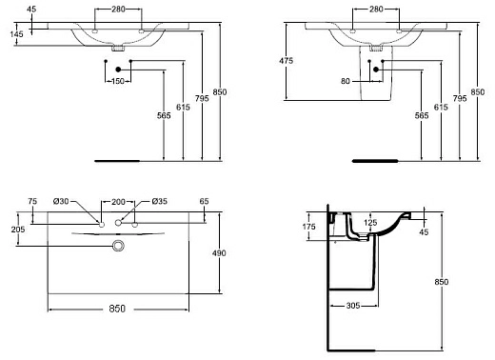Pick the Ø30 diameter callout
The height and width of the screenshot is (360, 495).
coord(61,202)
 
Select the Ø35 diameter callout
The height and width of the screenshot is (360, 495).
coord(159,202)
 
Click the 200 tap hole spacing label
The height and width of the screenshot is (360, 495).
coord(119,202)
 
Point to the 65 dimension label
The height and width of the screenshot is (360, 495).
coord(204,202)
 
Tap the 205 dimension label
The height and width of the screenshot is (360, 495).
coord(17,230)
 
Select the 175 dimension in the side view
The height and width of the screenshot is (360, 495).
coord(308,226)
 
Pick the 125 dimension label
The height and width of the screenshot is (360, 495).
coord(372,223)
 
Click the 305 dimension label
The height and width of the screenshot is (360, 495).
coord(353,306)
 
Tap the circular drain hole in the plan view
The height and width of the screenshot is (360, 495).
coord(119,247)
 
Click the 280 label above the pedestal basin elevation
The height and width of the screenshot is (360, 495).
coord(375,9)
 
